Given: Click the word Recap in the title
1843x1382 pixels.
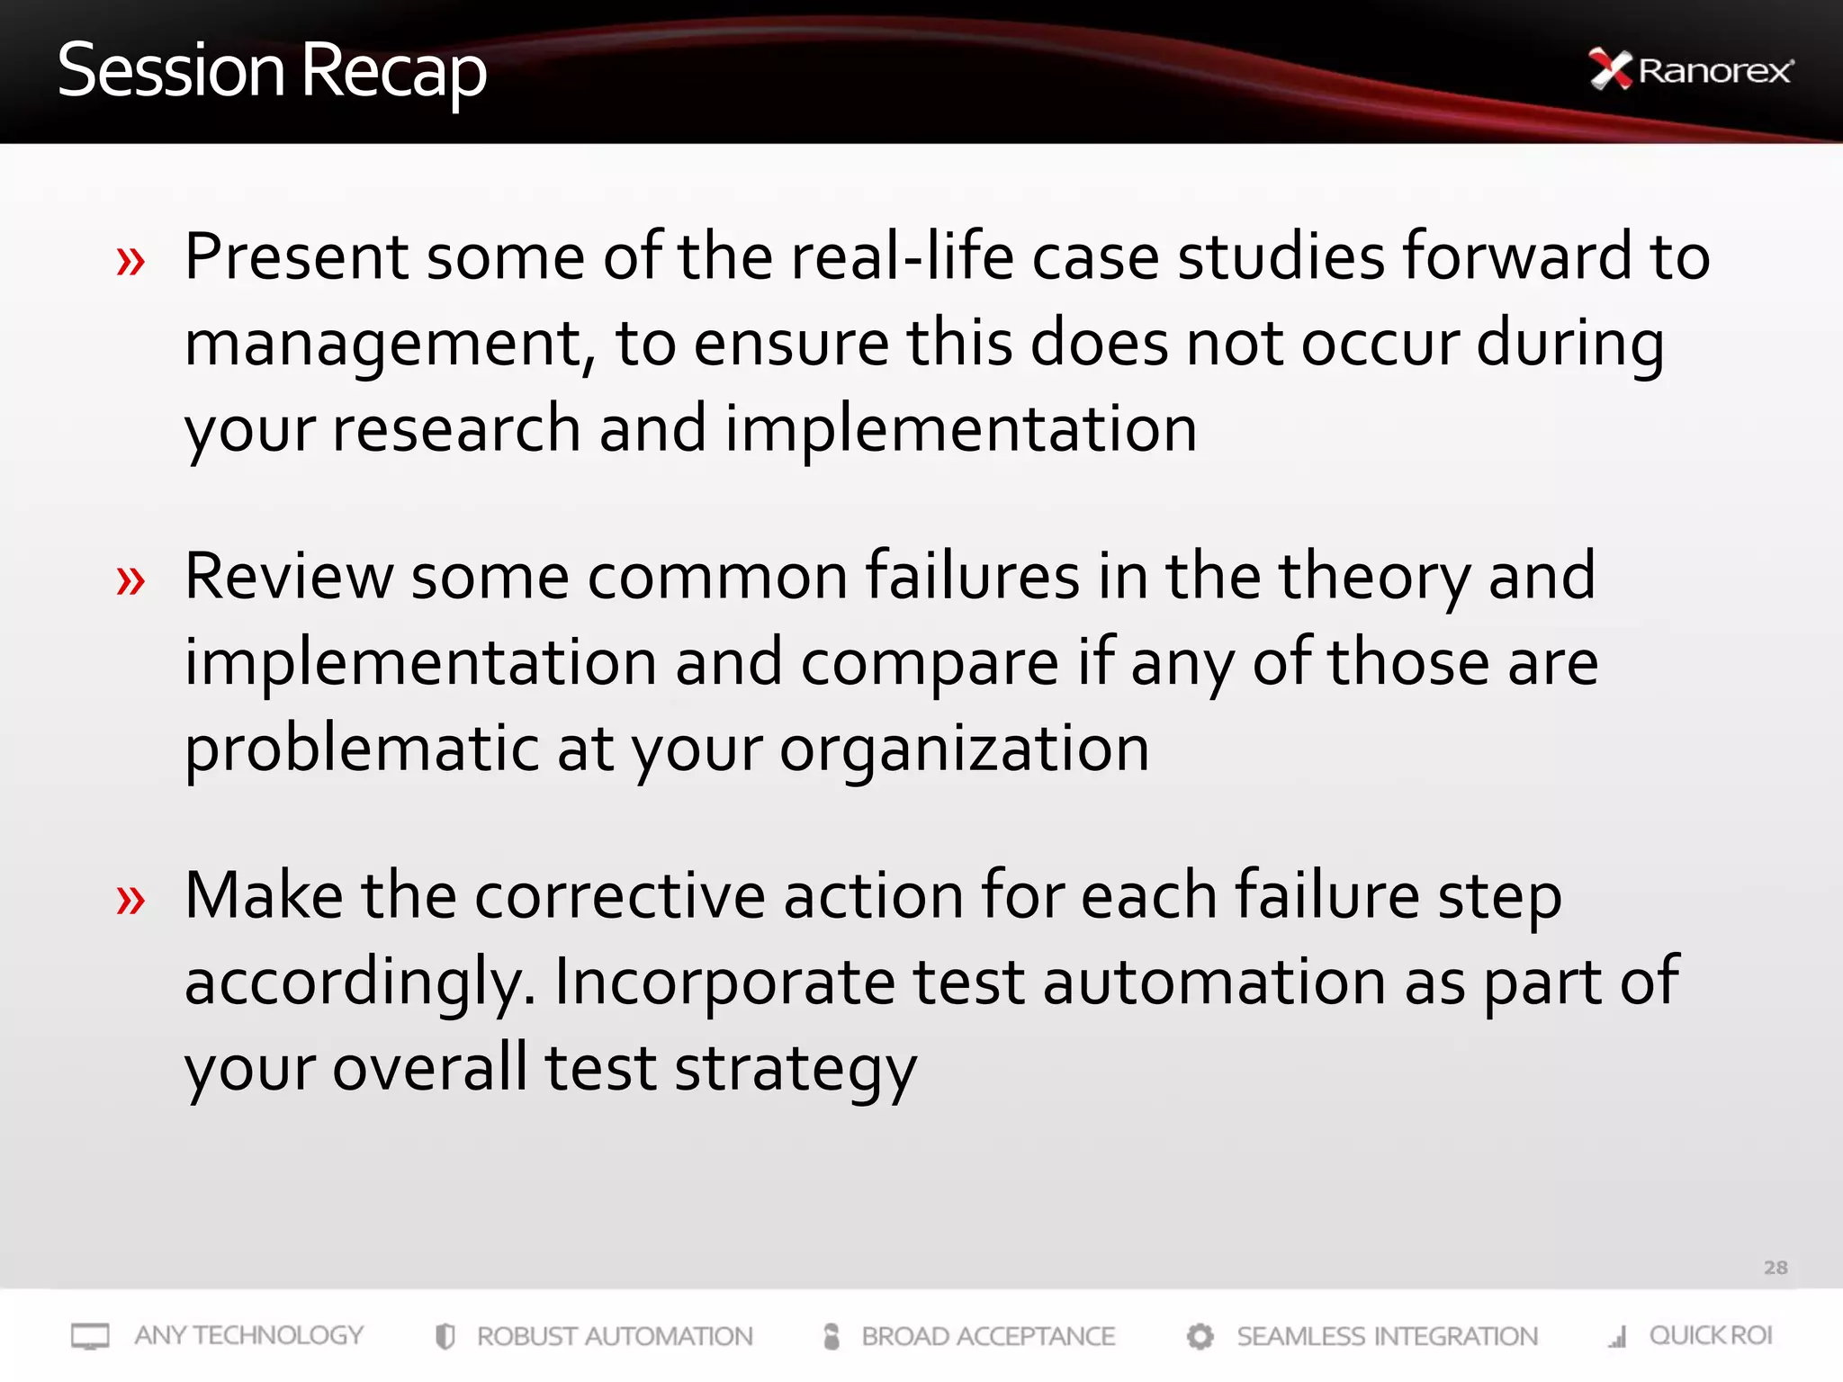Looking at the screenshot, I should [x=393, y=72].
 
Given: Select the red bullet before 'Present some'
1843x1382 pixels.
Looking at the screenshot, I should [x=130, y=262].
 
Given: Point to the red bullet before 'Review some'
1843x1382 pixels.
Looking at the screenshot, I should [x=130, y=581].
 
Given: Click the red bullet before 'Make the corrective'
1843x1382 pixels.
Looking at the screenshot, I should [x=130, y=900].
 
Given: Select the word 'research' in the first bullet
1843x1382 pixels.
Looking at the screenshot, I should [x=456, y=428].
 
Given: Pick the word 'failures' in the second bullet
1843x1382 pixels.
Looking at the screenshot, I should [x=972, y=575].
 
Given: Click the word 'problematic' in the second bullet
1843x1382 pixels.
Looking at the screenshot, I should [x=361, y=748].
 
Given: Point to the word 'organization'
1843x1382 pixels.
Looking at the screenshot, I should [x=964, y=749].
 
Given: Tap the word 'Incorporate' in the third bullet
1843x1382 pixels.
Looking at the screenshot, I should [x=724, y=981].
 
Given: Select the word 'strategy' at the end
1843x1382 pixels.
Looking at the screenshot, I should [x=796, y=1069].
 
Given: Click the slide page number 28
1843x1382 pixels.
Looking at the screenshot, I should [x=1775, y=1268].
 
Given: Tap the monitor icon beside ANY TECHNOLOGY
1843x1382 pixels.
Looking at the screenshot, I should [x=90, y=1336].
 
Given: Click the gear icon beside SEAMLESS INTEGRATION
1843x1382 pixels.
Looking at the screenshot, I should [x=1200, y=1336].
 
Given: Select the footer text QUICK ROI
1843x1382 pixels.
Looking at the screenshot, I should [x=1710, y=1335].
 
